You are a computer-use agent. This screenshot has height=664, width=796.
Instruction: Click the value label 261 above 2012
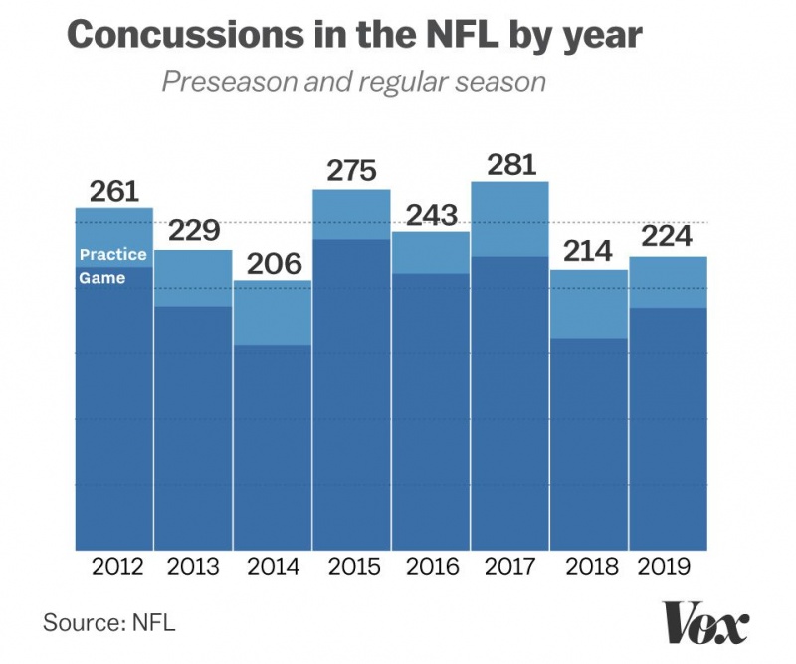pyautogui.click(x=114, y=192)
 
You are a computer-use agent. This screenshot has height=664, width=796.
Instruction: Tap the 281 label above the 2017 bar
pyautogui.click(x=510, y=164)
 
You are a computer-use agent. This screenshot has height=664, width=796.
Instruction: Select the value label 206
pyautogui.click(x=273, y=264)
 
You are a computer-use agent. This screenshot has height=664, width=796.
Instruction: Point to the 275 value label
pyautogui.click(x=351, y=171)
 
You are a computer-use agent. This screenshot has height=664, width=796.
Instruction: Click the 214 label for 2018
pyautogui.click(x=590, y=252)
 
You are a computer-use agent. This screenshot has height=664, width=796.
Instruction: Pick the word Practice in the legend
pyautogui.click(x=112, y=255)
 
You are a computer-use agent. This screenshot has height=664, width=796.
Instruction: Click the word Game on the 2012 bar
pyautogui.click(x=102, y=278)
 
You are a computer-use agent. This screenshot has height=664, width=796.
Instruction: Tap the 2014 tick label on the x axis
pyautogui.click(x=273, y=568)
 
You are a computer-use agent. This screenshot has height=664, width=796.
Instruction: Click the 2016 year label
pyautogui.click(x=432, y=568)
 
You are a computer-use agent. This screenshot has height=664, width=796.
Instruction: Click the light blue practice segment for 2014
pyautogui.click(x=273, y=314)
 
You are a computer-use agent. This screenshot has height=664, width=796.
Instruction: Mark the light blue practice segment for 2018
pyautogui.click(x=590, y=305)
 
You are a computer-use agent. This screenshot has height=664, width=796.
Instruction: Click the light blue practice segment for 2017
pyautogui.click(x=510, y=219)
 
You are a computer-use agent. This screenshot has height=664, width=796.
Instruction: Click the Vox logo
pyautogui.click(x=704, y=625)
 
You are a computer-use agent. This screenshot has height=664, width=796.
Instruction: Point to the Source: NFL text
pyautogui.click(x=108, y=624)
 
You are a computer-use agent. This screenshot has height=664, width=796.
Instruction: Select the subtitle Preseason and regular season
pyautogui.click(x=353, y=81)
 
